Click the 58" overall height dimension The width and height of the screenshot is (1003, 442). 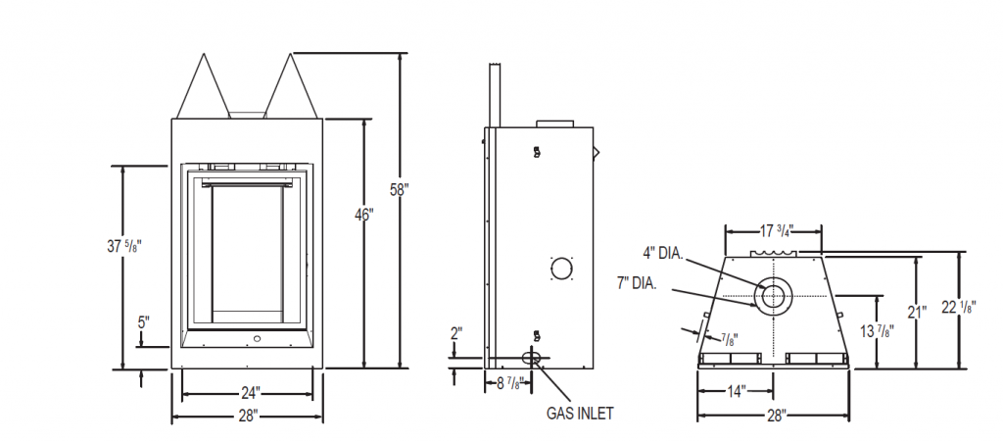tap(398, 190)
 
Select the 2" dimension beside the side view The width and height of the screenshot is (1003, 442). tap(455, 332)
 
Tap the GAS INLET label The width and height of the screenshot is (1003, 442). tap(580, 414)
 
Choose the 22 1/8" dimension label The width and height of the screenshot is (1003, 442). tap(966, 308)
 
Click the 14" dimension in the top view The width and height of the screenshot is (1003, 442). tap(738, 391)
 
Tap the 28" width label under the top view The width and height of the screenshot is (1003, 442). tap(775, 416)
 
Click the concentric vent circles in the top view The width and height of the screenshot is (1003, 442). tap(773, 295)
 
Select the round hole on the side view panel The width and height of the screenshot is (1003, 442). tap(561, 268)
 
